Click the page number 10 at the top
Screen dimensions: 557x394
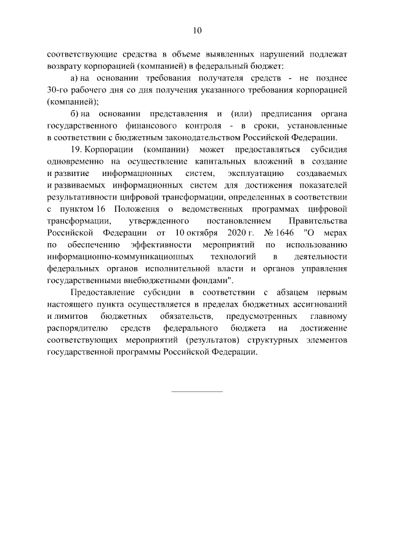pos(197,30)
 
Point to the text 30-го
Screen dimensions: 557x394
pos(57,90)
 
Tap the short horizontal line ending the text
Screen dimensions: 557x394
pos(196,391)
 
